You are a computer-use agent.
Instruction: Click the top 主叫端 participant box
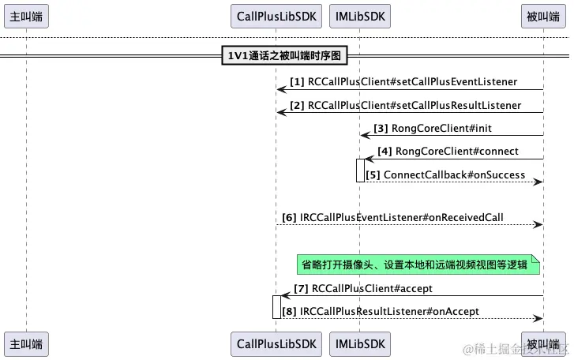[26, 15]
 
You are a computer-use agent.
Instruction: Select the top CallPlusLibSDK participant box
[276, 15]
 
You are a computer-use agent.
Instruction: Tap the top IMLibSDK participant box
[360, 15]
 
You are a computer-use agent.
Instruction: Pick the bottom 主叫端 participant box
[26, 343]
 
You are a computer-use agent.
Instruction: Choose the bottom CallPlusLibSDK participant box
[276, 343]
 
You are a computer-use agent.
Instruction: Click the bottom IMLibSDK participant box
[360, 343]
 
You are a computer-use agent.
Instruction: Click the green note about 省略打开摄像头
[418, 264]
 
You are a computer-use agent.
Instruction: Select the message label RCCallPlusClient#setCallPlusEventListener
[412, 81]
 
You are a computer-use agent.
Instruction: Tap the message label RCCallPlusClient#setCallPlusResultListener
[414, 105]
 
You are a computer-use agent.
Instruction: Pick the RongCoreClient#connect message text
[456, 151]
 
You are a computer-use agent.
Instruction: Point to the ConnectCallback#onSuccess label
[454, 174]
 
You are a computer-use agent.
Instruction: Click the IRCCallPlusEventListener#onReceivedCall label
[401, 217]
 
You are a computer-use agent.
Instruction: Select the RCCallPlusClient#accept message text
[372, 288]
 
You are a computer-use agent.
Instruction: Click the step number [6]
[289, 217]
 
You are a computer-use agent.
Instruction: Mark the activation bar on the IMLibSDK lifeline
[360, 171]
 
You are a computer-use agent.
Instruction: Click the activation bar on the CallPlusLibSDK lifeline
[276, 306]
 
